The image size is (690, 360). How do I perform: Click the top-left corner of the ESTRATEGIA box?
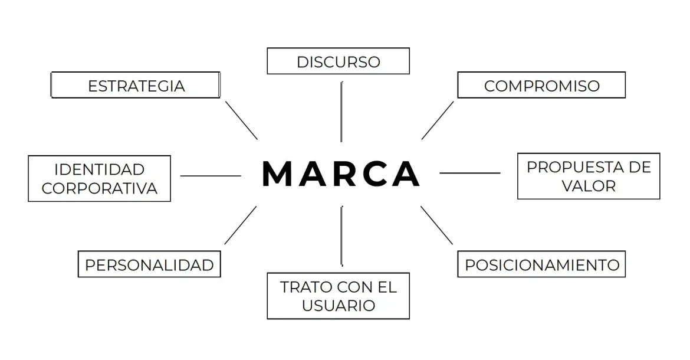click(51, 72)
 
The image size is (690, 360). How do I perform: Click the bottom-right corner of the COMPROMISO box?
click(625, 98)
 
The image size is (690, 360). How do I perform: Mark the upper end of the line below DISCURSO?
click(341, 82)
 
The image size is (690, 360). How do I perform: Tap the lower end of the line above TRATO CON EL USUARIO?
click(342, 266)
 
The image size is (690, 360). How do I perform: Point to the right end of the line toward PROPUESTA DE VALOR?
click(500, 173)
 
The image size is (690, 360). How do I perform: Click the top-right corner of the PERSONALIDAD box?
click(221, 251)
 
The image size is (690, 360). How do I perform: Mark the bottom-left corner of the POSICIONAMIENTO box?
click(458, 277)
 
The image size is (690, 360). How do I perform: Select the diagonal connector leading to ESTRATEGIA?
click(242, 120)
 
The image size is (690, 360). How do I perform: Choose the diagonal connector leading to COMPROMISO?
click(438, 120)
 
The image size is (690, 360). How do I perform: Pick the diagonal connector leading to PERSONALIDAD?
click(240, 225)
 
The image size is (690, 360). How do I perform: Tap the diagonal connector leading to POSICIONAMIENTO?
click(436, 225)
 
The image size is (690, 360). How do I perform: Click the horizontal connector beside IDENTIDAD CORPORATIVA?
click(211, 176)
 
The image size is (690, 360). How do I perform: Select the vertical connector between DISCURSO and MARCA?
click(341, 112)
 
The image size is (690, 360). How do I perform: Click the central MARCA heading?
click(341, 174)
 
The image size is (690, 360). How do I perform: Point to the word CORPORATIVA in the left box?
click(100, 188)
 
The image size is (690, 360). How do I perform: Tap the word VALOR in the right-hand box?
click(589, 186)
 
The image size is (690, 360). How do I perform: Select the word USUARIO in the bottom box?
click(339, 306)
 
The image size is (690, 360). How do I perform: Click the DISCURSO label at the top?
click(339, 62)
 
